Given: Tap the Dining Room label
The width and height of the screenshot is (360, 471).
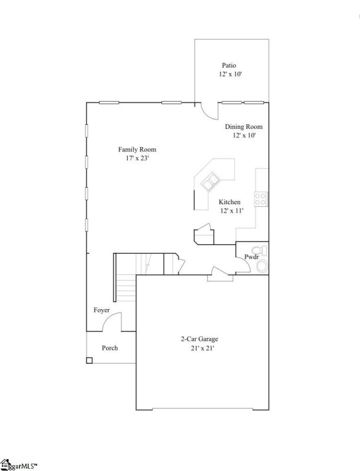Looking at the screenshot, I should tap(243, 127).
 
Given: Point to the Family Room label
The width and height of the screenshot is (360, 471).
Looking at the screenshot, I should tap(137, 150).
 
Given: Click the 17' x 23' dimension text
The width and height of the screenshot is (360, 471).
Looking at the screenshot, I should tap(137, 158).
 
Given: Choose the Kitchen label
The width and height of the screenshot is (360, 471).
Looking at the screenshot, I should tap(229, 202).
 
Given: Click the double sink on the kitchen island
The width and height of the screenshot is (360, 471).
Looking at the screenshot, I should tap(209, 183).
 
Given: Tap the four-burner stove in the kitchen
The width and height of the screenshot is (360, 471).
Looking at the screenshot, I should tap(260, 199).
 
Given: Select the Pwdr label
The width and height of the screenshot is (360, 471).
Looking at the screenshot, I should tap(252, 257).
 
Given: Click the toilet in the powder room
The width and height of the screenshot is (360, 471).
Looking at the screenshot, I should tap(262, 267).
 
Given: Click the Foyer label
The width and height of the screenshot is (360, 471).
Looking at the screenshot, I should tap(101, 310).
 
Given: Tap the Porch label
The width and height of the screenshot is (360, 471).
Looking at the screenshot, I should tap(110, 348).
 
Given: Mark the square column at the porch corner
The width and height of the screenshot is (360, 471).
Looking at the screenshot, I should tap(89, 360).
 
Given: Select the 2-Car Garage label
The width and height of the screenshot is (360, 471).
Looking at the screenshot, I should tap(199, 339).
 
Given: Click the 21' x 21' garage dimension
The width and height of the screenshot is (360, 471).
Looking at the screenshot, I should tap(199, 348).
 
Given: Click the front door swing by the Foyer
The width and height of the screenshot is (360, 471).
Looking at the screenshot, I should tap(115, 321).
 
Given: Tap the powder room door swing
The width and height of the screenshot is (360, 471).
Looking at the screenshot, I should tap(242, 268).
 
